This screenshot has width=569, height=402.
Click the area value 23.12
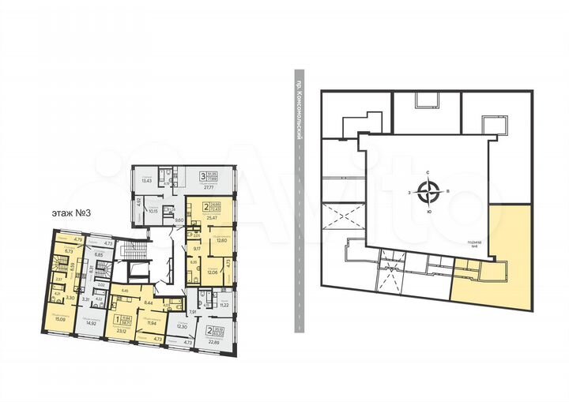[x=121, y=330]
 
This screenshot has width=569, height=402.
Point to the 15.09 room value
[x=61, y=320]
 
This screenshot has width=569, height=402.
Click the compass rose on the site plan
[x=429, y=190]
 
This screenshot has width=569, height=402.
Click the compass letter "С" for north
[x=428, y=171]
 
